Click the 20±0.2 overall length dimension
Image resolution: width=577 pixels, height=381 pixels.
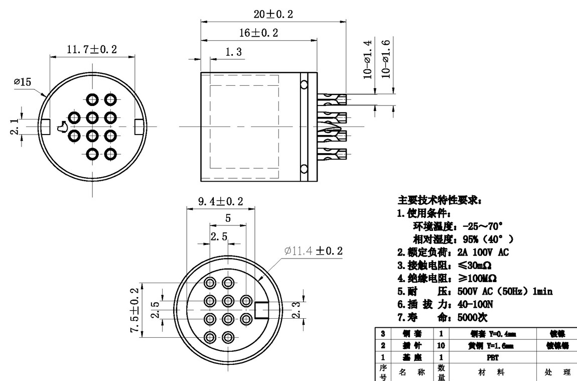[x=273, y=14]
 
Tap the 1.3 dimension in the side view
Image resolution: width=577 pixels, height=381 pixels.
[x=234, y=52]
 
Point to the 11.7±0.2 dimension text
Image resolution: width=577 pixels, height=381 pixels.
[x=92, y=49]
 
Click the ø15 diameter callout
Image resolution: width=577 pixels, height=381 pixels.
[x=22, y=81]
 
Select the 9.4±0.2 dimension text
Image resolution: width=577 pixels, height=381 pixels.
[x=220, y=201]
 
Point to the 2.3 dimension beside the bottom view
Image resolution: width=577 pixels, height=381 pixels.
[x=297, y=310]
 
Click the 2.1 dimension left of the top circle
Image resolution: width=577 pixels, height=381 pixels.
[x=15, y=124]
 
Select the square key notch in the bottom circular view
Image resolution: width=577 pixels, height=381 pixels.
[x=262, y=310]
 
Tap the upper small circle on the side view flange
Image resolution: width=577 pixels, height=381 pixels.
[x=304, y=84]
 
